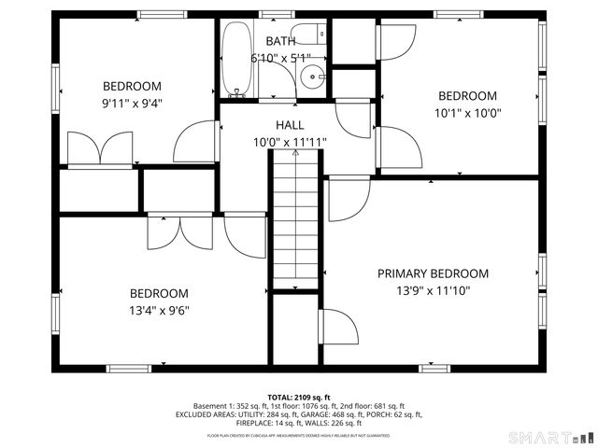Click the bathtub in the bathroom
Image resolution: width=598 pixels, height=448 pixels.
(236, 58)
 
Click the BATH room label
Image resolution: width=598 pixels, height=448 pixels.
(280, 41)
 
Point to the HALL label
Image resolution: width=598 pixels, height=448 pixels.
(290, 125)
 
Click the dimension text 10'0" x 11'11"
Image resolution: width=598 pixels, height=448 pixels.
(290, 143)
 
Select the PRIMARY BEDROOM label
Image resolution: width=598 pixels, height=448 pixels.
(433, 273)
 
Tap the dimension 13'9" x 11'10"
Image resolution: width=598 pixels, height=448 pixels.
(433, 290)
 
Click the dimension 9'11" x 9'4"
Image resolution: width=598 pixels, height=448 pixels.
(132, 104)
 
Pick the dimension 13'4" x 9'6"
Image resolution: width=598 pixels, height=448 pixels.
(159, 311)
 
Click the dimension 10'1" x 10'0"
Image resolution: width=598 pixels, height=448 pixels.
(467, 113)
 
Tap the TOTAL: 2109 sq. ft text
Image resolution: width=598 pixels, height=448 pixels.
(299, 398)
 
